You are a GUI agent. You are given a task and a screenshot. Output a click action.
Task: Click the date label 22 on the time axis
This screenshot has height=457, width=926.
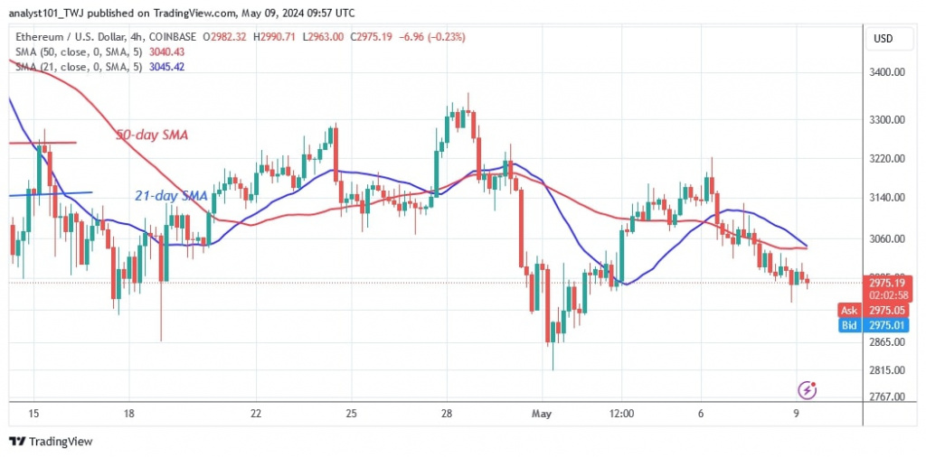coord(256,414)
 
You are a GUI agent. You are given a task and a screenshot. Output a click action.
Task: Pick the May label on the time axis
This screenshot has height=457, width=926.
coord(542,414)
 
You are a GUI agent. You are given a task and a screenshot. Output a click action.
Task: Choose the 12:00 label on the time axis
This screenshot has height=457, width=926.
coord(622,414)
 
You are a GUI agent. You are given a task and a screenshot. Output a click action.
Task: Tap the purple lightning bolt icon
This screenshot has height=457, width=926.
coord(808,390)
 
